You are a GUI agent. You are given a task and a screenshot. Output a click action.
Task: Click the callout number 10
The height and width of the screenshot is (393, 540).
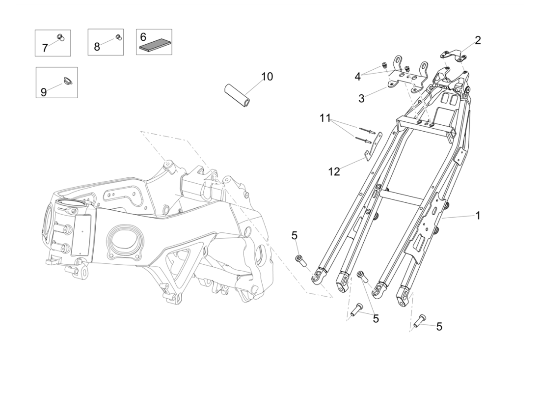coord(267,76)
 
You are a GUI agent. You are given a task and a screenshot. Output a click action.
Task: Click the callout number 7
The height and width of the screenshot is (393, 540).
coord(45,48)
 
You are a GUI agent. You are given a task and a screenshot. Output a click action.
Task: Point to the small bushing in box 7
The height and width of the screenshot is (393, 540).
coord(59,37)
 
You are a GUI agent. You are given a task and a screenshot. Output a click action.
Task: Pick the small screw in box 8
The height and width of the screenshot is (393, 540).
coord(118,37)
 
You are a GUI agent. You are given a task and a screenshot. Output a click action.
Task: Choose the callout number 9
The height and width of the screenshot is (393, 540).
coord(44,92)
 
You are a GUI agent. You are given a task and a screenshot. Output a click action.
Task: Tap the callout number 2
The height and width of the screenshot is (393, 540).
coord(477,40)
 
